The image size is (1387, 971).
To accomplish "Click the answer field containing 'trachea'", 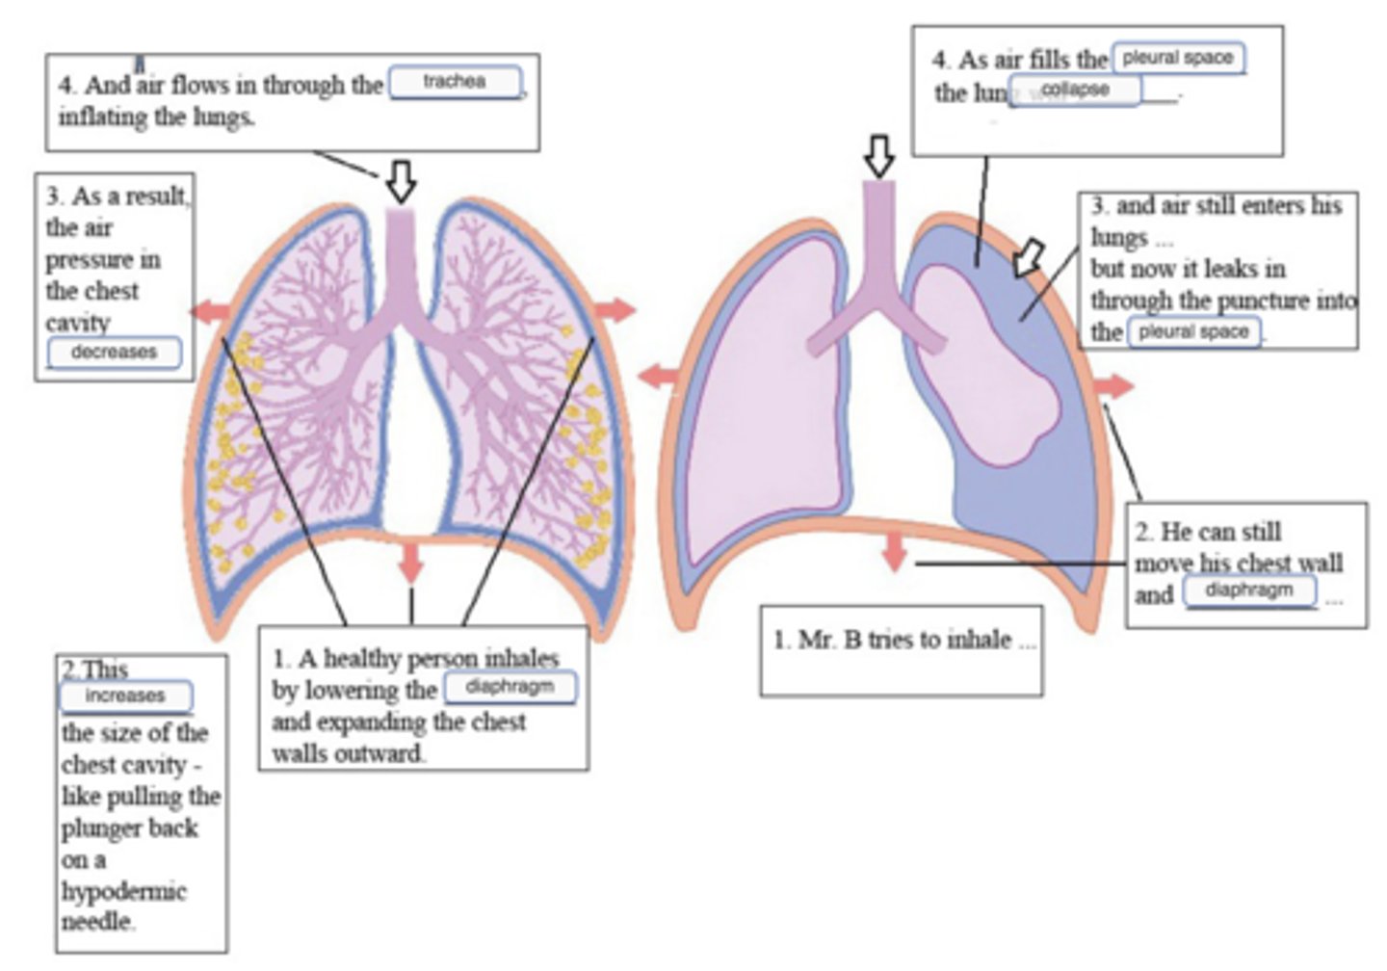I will tap(456, 82).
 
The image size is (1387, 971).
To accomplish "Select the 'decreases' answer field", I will tap(114, 353).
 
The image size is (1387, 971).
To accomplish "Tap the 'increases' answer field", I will tap(125, 695).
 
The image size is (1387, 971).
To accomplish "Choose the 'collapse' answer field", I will tap(1075, 91).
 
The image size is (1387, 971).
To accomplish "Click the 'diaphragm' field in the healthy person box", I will tap(510, 688).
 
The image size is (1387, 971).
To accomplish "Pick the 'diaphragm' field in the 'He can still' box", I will tap(1249, 590).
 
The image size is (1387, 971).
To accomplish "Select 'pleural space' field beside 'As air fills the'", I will tap(1178, 58).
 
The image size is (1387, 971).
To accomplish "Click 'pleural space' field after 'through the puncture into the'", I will tap(1193, 332).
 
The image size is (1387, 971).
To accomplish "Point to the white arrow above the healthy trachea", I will tap(401, 180).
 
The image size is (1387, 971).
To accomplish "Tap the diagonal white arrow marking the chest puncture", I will tap(1028, 257).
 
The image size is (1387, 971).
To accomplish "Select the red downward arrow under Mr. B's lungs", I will tap(895, 550).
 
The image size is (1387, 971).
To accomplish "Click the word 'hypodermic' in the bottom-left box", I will tap(123, 891).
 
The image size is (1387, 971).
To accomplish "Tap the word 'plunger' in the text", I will tap(94, 828).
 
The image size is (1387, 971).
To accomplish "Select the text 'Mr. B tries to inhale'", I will tap(892, 640).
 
